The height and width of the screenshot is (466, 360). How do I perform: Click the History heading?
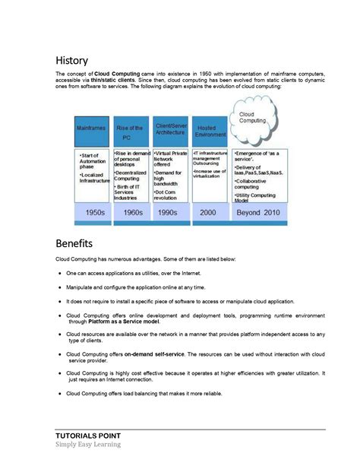point(72,60)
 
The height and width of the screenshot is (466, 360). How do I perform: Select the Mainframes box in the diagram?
point(92,129)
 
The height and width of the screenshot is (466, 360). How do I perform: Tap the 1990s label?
point(170,213)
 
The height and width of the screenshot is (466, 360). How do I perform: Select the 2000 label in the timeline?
point(208,213)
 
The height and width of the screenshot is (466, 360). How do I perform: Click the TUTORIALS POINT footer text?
point(88,436)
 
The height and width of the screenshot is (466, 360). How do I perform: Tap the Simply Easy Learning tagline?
point(87,445)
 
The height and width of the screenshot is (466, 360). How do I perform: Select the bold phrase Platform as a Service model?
point(124,322)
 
